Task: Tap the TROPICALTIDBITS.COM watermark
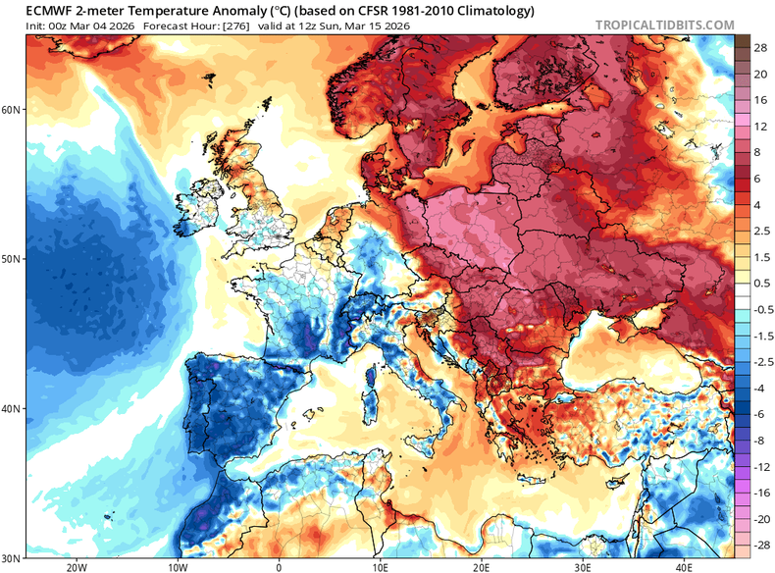click(x=662, y=24)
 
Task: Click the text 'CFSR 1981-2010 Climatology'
click(x=446, y=11)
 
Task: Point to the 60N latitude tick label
click(x=12, y=110)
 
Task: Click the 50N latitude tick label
click(x=12, y=259)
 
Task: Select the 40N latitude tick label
click(x=12, y=408)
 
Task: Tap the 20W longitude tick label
click(x=76, y=566)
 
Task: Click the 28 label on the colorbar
click(x=758, y=47)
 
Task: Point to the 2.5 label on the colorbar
click(x=758, y=230)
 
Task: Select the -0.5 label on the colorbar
click(x=758, y=308)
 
